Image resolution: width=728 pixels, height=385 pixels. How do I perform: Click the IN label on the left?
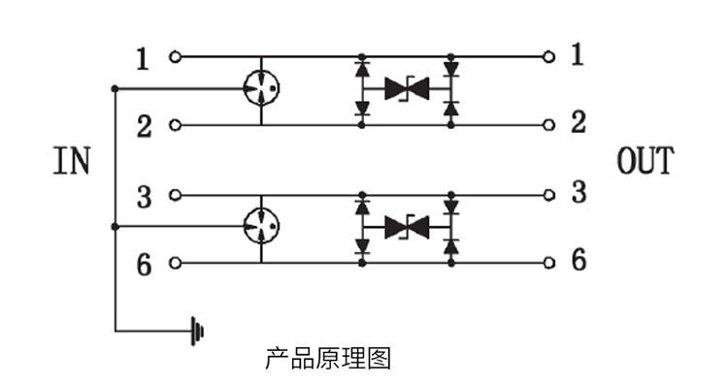pyautogui.click(x=72, y=160)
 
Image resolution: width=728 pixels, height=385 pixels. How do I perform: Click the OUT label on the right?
pyautogui.click(x=645, y=160)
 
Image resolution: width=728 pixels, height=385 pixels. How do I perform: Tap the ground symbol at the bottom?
pyautogui.click(x=197, y=332)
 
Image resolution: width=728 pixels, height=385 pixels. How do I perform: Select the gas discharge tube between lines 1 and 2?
pyautogui.click(x=261, y=88)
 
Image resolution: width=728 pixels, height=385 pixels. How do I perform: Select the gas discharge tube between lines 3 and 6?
pyautogui.click(x=261, y=226)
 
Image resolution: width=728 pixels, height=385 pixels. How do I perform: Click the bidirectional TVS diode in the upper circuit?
pyautogui.click(x=407, y=88)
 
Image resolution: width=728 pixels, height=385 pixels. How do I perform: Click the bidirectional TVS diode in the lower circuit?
pyautogui.click(x=407, y=227)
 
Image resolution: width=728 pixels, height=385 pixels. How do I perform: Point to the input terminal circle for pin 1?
pyautogui.click(x=175, y=56)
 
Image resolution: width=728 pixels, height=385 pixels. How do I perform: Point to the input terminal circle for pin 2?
pyautogui.click(x=175, y=125)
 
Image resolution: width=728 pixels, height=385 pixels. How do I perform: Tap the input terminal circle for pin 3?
pyautogui.click(x=175, y=195)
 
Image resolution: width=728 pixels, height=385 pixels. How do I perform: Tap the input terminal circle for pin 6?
pyautogui.click(x=175, y=263)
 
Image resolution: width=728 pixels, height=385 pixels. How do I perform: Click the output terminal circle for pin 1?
pyautogui.click(x=548, y=56)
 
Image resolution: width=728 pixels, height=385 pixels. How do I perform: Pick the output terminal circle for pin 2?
pyautogui.click(x=548, y=125)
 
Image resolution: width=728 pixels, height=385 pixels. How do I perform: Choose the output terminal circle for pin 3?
pyautogui.click(x=548, y=195)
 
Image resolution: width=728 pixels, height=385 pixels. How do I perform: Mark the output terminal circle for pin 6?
pyautogui.click(x=548, y=263)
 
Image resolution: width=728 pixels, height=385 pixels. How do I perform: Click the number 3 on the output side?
pyautogui.click(x=579, y=192)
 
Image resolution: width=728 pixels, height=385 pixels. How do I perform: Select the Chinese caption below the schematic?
pyautogui.click(x=328, y=359)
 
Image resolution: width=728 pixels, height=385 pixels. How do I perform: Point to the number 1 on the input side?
pyautogui.click(x=143, y=59)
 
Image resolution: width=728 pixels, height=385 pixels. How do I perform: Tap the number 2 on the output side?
pyautogui.click(x=579, y=122)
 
